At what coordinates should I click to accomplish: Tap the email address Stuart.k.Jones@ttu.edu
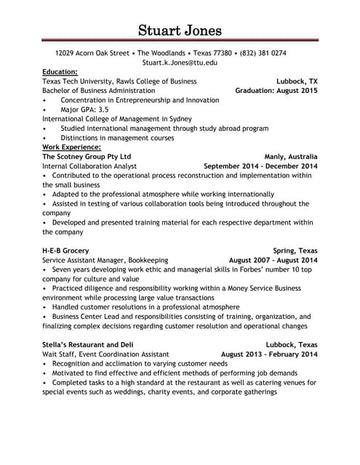tap(180, 63)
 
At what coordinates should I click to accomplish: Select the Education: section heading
tap(60, 72)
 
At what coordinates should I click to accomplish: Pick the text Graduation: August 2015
tap(276, 91)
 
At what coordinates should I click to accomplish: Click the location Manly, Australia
tap(291, 156)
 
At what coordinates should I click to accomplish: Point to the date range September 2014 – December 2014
tap(260, 166)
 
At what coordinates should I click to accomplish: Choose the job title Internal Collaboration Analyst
tap(89, 166)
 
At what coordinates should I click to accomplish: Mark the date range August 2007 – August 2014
tap(273, 260)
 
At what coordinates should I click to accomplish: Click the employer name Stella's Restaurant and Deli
tap(88, 345)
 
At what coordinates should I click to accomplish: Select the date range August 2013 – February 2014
tap(269, 355)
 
